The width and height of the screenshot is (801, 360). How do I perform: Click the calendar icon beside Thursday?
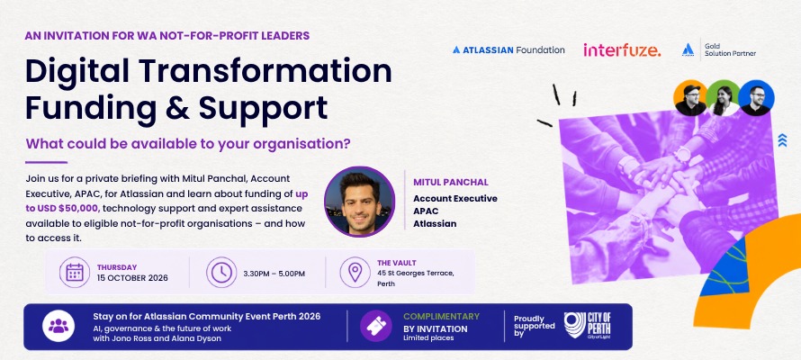coord(75,272)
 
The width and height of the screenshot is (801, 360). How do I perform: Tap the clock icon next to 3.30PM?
coord(221,272)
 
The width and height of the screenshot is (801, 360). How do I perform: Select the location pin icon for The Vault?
coord(355,272)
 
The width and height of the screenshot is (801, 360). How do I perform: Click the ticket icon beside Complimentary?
coord(376,326)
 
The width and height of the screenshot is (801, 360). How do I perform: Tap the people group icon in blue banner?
coord(58,326)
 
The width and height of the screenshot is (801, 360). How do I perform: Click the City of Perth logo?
coord(587,326)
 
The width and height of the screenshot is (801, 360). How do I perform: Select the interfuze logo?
coord(622,50)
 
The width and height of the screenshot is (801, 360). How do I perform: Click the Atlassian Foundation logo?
coord(508,50)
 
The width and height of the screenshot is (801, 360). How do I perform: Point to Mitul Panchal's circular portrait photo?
coord(360,202)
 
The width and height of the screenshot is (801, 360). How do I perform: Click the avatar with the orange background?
coord(690,98)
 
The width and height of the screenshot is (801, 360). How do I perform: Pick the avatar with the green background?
coord(723,98)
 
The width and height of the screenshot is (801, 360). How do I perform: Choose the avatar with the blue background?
coord(756,98)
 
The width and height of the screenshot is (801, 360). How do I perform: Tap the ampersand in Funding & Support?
coord(177,107)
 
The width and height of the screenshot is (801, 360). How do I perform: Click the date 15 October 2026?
coord(132,278)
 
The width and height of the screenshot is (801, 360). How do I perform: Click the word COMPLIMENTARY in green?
coord(441,317)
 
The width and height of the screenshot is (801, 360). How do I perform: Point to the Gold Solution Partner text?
coord(730,50)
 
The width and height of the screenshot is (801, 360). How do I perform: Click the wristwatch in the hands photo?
coord(682,154)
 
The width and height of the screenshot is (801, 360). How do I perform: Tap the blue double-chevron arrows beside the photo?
coord(782,139)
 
